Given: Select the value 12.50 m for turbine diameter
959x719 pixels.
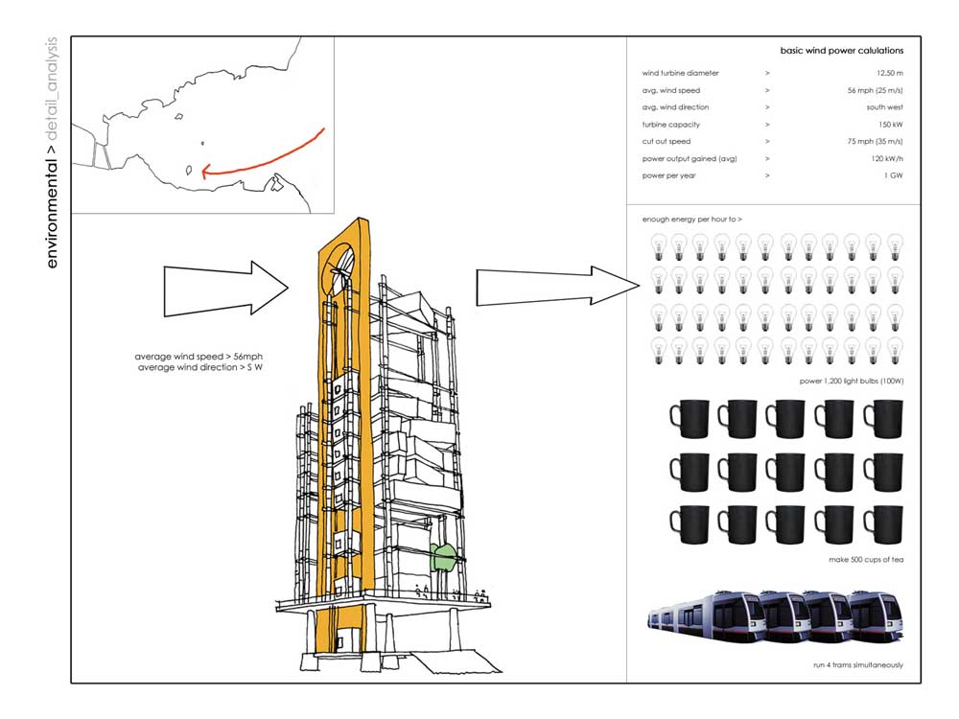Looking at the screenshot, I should click(890, 73).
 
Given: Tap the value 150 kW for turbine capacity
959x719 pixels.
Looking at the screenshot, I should click(892, 125).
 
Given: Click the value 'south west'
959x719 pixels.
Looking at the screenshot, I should click(884, 107).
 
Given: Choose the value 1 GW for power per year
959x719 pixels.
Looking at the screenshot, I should click(895, 176).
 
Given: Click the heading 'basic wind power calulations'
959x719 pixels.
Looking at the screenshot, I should click(842, 51).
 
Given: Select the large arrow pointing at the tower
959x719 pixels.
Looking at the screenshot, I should click(225, 286).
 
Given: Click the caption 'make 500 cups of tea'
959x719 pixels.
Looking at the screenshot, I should click(866, 559).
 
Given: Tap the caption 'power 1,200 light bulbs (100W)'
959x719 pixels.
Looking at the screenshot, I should click(851, 381).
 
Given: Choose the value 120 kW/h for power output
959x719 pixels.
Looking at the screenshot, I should click(884, 159).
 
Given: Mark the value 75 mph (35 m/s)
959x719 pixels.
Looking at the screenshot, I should click(871, 142).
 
